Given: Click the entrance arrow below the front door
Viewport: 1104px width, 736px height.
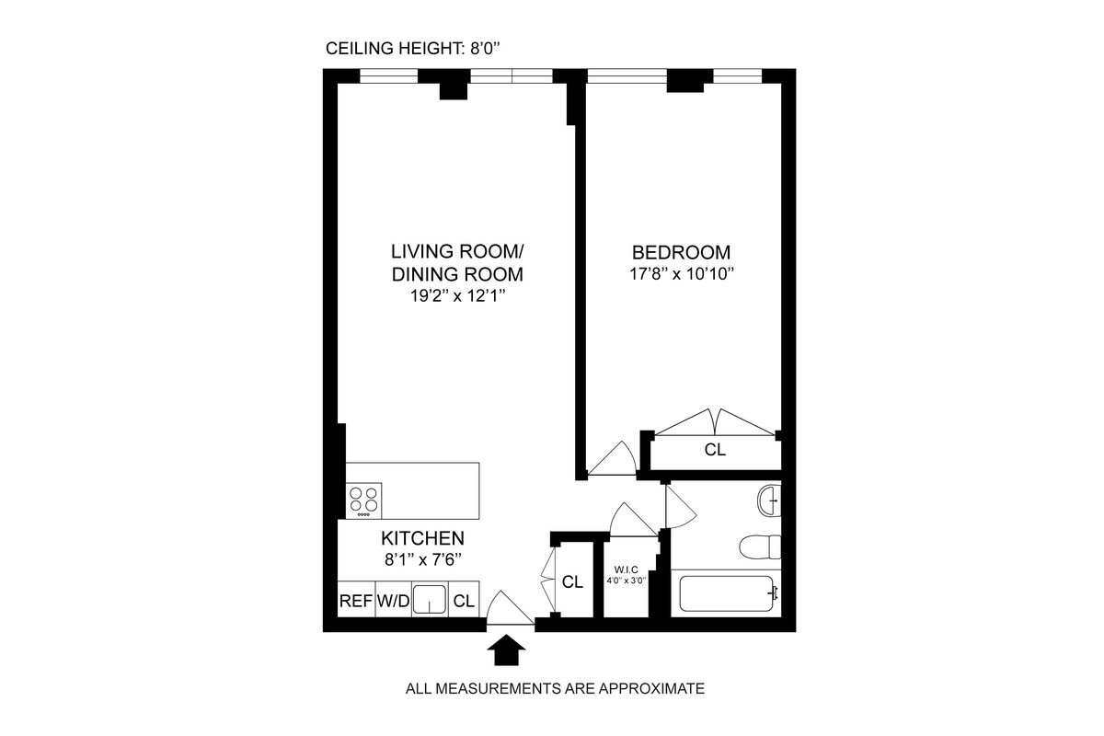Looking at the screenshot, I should coord(505,651).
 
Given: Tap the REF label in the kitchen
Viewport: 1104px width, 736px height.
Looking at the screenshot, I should coord(355,602).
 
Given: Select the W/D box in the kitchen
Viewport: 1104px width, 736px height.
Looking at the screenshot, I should coord(393,602).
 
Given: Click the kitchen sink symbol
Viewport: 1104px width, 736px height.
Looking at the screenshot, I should coord(429,600).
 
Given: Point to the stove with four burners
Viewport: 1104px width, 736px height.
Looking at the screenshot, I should coord(364,500).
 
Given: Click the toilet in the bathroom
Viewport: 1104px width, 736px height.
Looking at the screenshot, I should coord(760,546).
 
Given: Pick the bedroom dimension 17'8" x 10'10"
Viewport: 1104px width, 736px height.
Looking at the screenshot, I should coord(681,273).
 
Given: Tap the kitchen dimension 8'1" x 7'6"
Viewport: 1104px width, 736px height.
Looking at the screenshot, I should coord(423,558).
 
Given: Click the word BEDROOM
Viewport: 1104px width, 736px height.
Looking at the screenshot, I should coord(681,252).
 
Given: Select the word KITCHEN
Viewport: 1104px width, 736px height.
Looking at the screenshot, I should coord(423,538).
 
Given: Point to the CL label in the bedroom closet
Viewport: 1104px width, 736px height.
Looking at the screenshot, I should coord(715,451).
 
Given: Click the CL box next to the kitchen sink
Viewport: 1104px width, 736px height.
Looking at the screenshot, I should coord(464,602).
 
